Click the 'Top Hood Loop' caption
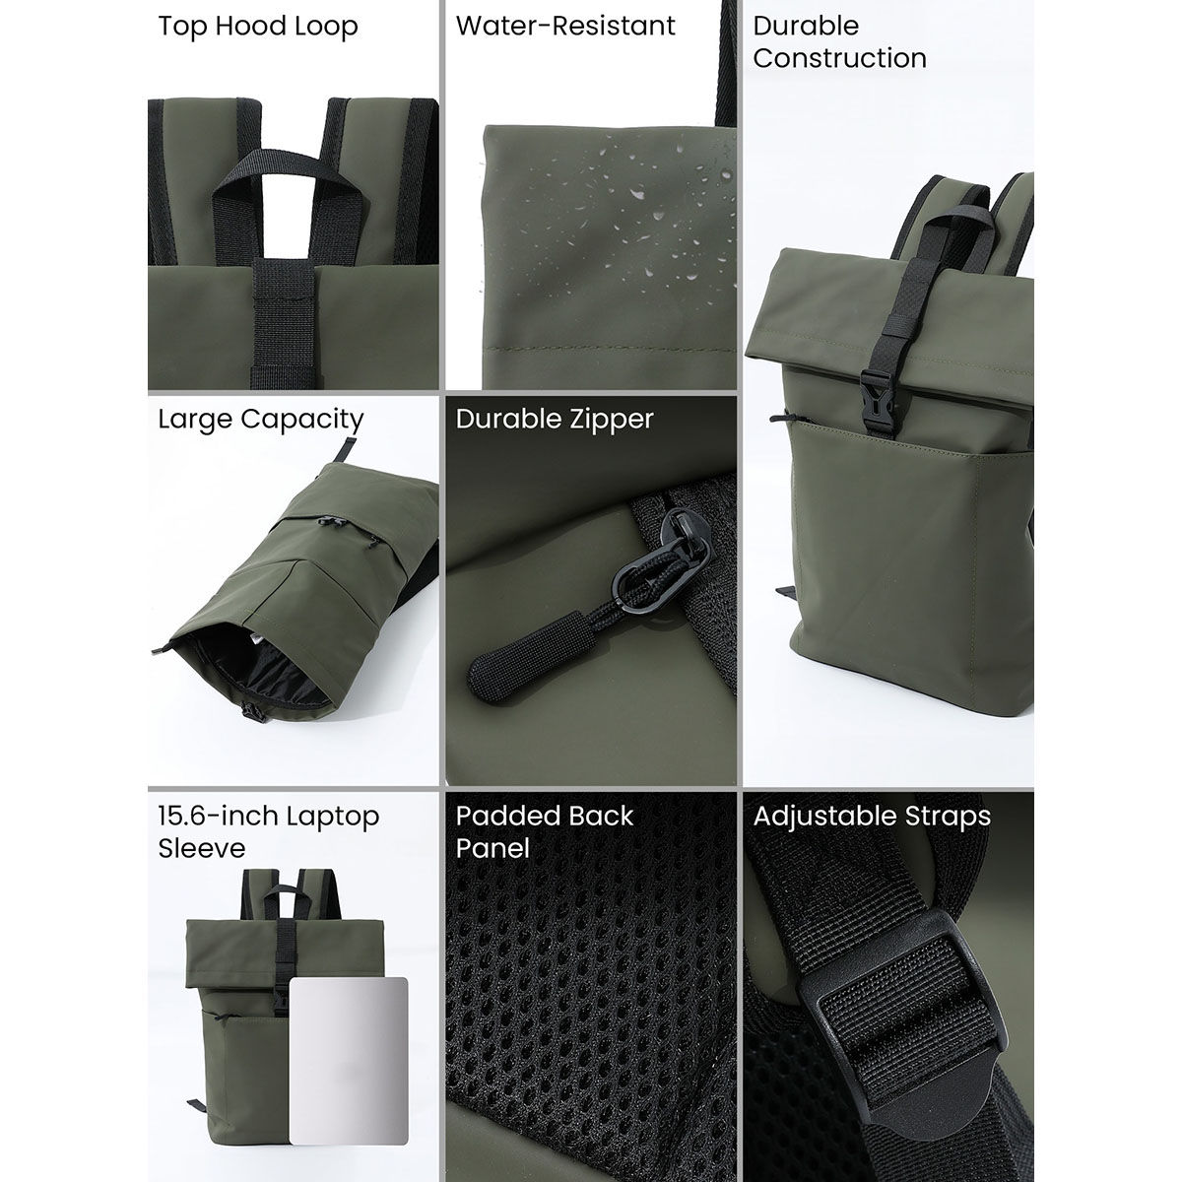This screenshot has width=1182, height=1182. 258,26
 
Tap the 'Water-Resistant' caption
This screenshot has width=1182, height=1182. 565,26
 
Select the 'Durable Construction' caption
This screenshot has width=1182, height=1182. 839,41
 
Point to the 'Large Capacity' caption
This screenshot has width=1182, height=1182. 261,419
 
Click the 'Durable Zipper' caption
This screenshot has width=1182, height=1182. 555,419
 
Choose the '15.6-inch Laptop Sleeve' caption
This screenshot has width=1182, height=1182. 268,831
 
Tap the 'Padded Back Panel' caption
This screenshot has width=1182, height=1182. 545,831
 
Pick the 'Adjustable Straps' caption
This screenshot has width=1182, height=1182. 872,816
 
